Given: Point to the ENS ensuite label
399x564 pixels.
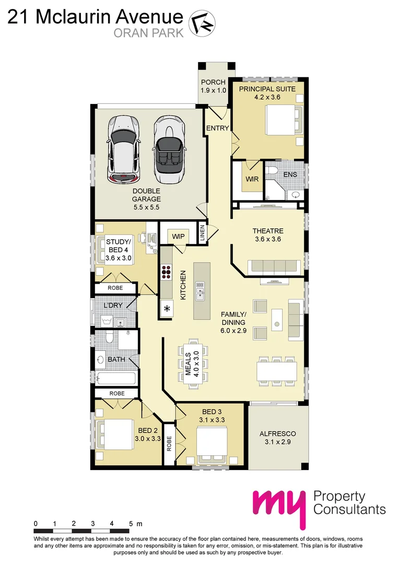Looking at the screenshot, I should [x=290, y=174].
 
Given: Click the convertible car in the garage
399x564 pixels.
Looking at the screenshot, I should [x=169, y=149].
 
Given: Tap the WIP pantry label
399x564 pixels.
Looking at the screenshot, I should [x=179, y=237].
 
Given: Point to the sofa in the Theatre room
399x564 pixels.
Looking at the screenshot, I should [x=275, y=266].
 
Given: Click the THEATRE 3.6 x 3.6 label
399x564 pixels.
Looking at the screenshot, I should [x=268, y=235].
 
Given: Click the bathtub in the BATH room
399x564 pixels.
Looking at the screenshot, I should [x=115, y=379].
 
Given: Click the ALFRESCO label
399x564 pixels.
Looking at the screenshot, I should [x=278, y=438].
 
